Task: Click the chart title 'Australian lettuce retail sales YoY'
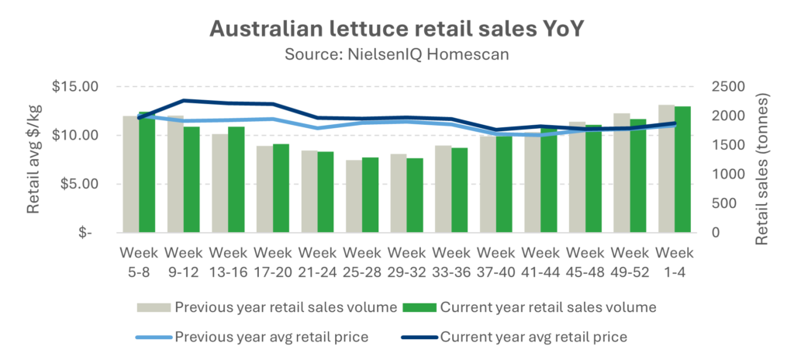click(397, 29)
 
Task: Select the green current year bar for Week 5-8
click(148, 175)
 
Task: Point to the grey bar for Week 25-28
click(353, 196)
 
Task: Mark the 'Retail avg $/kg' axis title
click(34, 160)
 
